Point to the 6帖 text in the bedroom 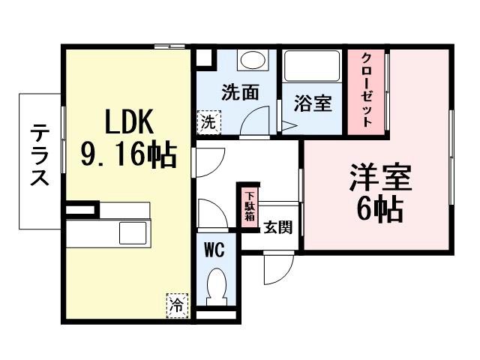379,209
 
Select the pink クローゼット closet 367,91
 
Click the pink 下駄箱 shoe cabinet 248,205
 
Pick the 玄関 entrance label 277,228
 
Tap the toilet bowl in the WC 216,286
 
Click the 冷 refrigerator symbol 177,305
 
